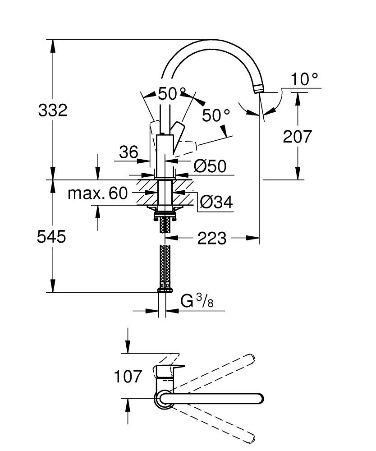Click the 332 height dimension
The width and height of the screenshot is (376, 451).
click(53, 110)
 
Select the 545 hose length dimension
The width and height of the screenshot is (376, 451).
click(51, 236)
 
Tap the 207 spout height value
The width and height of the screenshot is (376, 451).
click(297, 136)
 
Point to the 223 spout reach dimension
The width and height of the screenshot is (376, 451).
click(212, 238)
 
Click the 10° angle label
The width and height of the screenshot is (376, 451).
click(304, 80)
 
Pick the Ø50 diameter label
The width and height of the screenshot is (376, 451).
click(210, 166)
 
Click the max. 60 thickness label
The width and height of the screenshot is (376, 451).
click(98, 193)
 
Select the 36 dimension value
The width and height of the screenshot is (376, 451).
click(128, 152)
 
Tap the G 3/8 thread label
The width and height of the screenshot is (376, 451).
click(197, 301)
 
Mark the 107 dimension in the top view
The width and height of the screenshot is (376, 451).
click(128, 376)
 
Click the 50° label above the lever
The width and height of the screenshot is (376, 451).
click(172, 94)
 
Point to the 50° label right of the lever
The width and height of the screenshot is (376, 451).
click(216, 115)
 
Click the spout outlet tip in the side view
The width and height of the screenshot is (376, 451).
click(259, 88)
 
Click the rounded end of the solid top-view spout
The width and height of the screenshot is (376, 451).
click(259, 399)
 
